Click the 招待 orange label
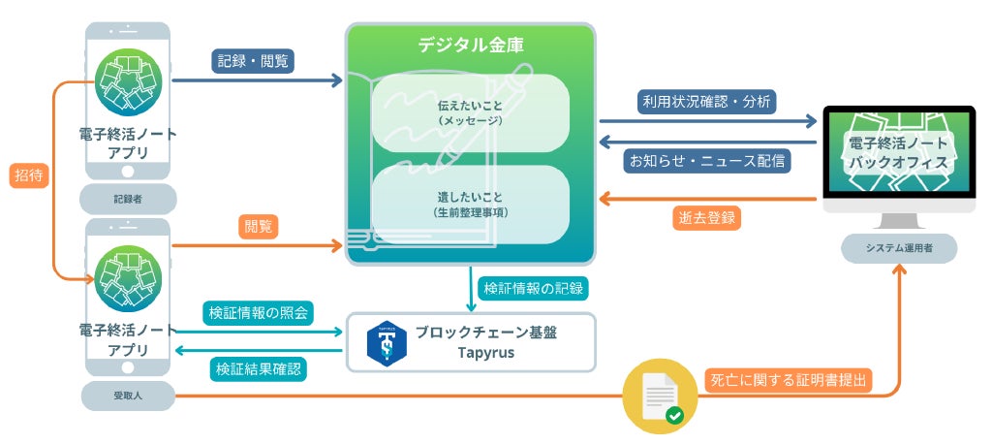point(26,175)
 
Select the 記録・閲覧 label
point(252,60)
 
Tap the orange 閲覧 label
point(258,226)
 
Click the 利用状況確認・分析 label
point(707,101)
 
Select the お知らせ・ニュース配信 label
point(708,159)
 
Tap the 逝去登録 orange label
point(704,217)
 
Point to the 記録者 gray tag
point(128,200)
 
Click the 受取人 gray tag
point(128,395)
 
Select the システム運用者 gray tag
point(898,249)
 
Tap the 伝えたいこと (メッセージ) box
point(471,111)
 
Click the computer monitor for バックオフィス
point(898,155)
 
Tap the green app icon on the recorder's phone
point(128,81)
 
